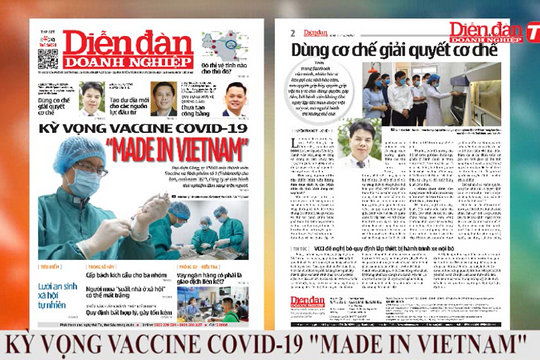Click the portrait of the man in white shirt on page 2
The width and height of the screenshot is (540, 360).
click(361, 143)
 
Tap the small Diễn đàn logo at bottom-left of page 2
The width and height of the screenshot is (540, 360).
click(307, 302)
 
